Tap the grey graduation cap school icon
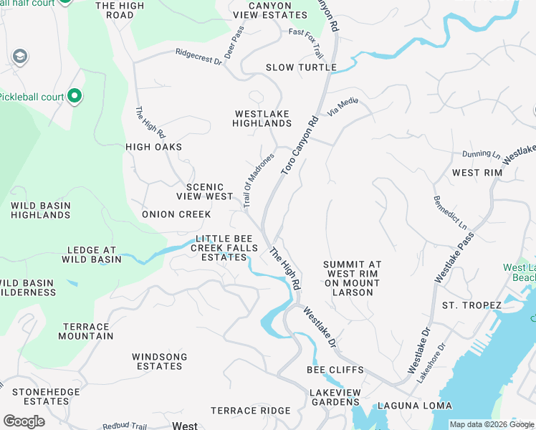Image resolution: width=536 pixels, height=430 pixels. coord(20,57)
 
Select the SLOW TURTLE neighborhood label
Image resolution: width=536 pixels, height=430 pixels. coord(301,67)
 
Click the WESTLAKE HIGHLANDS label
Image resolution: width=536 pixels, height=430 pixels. coord(262,118)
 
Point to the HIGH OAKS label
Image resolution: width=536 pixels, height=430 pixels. coord(153,147)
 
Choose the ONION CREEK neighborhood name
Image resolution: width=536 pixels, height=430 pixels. coord(176,214)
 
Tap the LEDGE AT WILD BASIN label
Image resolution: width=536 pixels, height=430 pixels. coord(94,254)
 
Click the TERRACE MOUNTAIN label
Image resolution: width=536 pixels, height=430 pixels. coord(86,331)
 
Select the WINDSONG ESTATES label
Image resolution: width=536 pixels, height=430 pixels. coord(159,361)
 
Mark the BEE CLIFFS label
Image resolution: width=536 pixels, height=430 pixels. coord(335,370)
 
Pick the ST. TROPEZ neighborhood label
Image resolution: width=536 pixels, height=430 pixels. coord(472,305)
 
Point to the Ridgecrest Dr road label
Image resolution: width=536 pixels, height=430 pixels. coord(199,56)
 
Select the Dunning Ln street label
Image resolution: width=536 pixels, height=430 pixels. coord(481,153)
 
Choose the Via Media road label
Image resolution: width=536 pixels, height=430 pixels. coord(343,107)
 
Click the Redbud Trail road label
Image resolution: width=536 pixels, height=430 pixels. coord(125,426)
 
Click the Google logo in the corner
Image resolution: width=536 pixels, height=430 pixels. coord(24,421)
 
